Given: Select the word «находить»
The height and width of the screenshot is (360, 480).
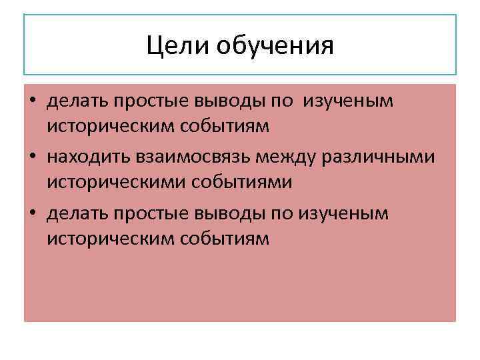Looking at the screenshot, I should [x=90, y=157].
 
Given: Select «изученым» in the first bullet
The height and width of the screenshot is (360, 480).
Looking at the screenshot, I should [x=349, y=101].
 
